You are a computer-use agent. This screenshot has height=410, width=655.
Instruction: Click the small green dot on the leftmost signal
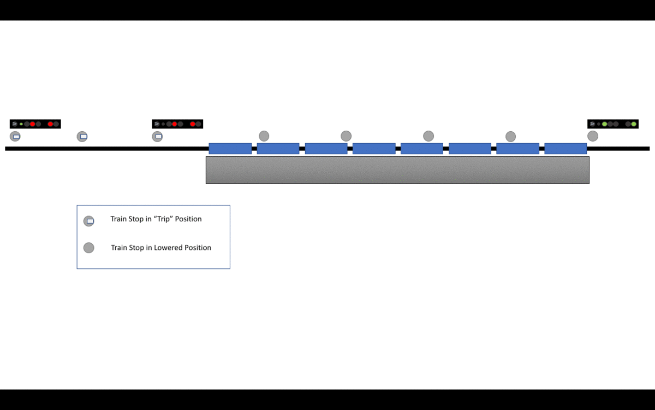tap(21, 124)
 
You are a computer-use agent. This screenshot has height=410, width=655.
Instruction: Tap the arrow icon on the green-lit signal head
tap(592, 124)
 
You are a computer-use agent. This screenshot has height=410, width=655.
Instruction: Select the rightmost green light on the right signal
tap(634, 124)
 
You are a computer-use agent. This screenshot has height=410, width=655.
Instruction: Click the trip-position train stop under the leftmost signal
tap(15, 136)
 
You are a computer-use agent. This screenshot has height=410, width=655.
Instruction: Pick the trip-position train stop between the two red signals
tap(82, 136)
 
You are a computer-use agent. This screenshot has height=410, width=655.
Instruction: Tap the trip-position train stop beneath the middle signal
tap(157, 136)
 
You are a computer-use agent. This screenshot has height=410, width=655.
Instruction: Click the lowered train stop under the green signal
tap(593, 136)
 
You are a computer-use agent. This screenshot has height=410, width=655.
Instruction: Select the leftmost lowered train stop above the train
tap(264, 136)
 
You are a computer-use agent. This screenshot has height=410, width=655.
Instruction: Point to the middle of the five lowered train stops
tap(428, 136)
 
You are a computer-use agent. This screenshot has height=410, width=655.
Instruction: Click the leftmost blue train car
tap(230, 149)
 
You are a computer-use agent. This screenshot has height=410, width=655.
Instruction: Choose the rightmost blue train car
tap(565, 149)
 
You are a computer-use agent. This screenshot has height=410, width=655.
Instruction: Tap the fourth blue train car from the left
tap(374, 149)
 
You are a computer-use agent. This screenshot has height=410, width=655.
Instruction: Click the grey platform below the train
tap(397, 170)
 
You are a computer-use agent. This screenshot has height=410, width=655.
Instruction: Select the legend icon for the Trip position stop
tap(89, 221)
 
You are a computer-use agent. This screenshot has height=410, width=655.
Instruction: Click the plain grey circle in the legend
tap(89, 248)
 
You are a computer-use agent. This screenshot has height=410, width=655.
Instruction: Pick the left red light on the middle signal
tap(175, 124)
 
